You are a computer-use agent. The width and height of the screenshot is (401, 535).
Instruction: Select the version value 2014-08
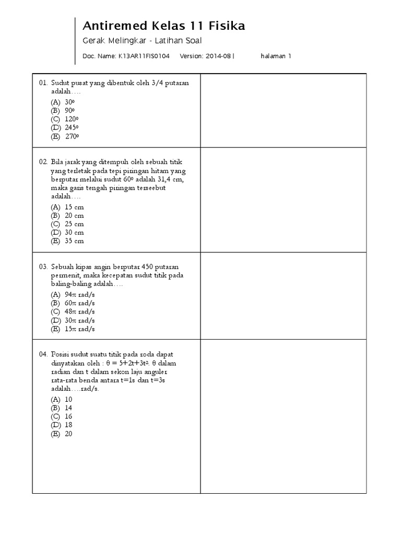point(219,56)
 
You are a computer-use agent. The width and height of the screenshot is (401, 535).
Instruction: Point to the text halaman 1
point(276,56)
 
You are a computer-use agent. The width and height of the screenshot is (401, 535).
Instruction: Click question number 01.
point(43,83)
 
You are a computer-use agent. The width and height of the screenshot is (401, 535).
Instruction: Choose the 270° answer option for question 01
point(72,137)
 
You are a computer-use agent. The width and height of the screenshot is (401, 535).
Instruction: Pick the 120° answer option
point(72,119)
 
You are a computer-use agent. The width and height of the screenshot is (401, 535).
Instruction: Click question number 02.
point(43,162)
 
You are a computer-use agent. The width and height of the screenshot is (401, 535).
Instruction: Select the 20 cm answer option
point(74,215)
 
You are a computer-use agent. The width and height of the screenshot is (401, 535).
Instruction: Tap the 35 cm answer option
point(74,241)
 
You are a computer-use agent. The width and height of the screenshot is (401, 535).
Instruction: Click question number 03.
point(43,266)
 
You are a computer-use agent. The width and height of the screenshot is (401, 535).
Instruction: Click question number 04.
point(43,354)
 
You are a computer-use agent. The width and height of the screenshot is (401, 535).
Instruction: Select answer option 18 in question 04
point(68,425)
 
